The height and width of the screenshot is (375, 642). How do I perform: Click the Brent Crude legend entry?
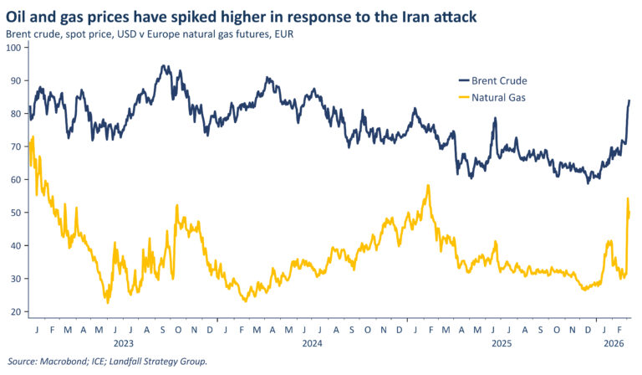[497, 80]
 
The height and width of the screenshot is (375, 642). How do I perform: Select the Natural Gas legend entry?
[497, 97]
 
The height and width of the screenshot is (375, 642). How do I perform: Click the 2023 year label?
[123, 343]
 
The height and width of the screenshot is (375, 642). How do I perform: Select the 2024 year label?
[312, 343]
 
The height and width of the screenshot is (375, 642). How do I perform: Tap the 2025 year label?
[501, 343]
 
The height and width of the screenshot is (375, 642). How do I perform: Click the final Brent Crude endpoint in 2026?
[629, 100]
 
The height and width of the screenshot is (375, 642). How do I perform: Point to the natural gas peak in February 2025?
[428, 186]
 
